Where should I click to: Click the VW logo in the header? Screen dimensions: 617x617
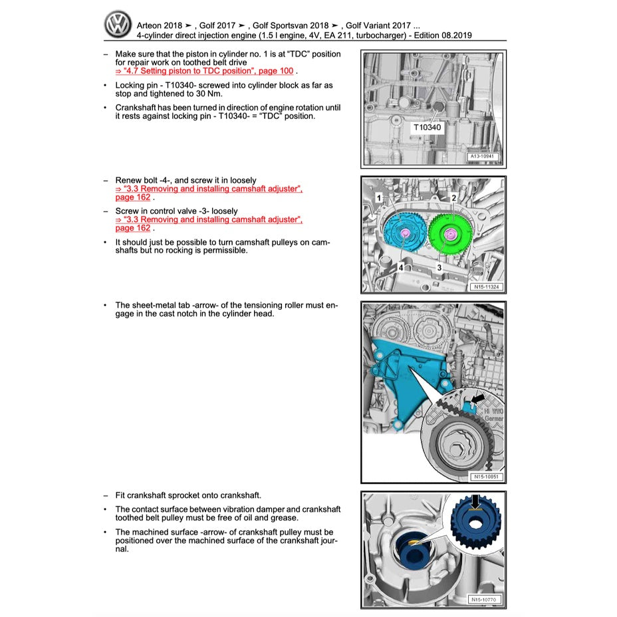118,25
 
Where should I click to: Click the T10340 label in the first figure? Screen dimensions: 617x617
426,127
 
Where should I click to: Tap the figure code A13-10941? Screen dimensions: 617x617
483,157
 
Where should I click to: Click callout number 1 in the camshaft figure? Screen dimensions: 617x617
378,198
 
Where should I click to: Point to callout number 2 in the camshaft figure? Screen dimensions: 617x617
453,197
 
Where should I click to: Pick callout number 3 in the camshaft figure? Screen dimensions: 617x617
439,267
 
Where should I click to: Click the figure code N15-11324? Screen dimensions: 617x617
485,287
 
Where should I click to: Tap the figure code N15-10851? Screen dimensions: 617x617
485,477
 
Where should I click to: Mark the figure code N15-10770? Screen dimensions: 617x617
483,600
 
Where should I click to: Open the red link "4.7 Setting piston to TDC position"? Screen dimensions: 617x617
204,71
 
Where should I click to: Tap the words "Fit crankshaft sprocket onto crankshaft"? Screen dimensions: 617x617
188,495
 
